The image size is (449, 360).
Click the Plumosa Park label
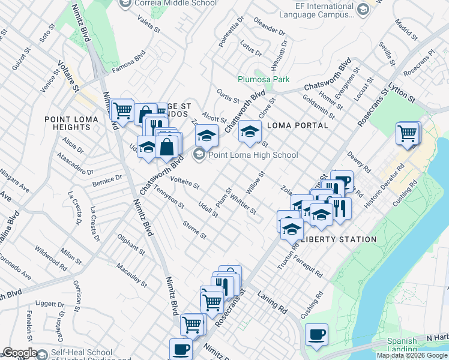(x=264, y=79)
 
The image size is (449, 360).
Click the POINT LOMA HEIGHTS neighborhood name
(x=67, y=123)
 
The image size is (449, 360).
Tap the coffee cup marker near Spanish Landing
(x=316, y=334)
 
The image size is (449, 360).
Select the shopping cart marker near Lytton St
(x=408, y=133)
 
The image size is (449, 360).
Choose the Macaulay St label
(x=132, y=273)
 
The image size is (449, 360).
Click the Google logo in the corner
(x=20, y=353)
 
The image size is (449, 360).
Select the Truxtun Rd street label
(x=288, y=255)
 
